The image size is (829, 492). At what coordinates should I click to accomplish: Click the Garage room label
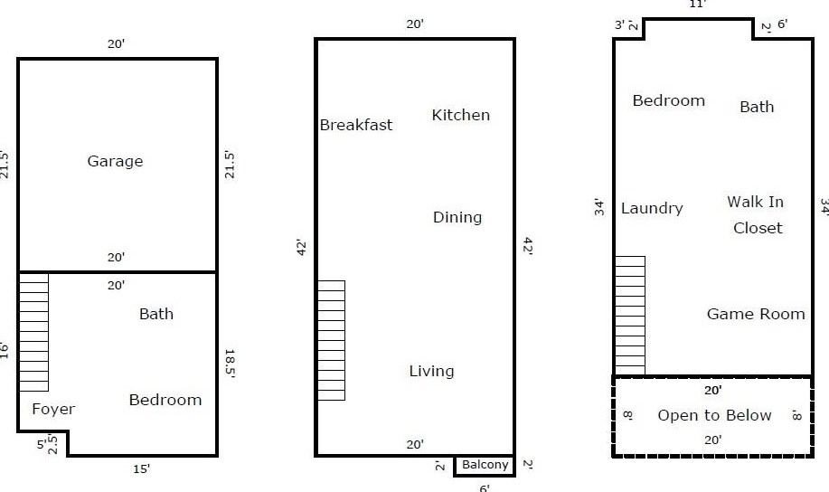click(x=115, y=161)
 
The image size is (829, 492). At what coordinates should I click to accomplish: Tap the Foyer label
click(x=53, y=409)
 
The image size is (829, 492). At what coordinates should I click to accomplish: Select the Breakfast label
click(x=356, y=125)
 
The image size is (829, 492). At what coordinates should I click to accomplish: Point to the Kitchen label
click(x=460, y=115)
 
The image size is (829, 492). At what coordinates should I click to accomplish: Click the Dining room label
click(x=457, y=217)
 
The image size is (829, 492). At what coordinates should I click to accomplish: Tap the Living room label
click(x=431, y=371)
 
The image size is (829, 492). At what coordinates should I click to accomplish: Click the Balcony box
click(x=485, y=466)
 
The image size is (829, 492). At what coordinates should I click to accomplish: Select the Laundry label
click(x=652, y=208)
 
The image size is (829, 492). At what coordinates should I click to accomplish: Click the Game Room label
click(x=756, y=314)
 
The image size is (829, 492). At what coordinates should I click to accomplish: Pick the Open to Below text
click(x=714, y=415)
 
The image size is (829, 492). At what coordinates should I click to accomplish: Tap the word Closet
click(x=758, y=228)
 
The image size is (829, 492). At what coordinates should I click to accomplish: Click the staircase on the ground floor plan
click(x=33, y=332)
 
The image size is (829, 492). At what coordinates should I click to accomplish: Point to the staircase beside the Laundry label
click(x=630, y=316)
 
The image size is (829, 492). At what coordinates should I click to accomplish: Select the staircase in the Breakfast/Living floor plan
click(x=332, y=341)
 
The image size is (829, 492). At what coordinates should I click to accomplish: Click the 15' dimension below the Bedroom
click(x=141, y=468)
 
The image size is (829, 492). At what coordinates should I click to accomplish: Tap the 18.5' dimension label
click(x=230, y=363)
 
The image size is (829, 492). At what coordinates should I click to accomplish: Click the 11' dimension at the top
click(x=697, y=5)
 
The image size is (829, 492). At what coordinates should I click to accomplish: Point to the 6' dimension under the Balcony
click(x=485, y=487)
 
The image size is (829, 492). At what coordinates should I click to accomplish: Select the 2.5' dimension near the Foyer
click(x=52, y=444)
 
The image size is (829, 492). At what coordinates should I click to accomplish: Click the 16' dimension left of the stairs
click(x=5, y=351)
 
